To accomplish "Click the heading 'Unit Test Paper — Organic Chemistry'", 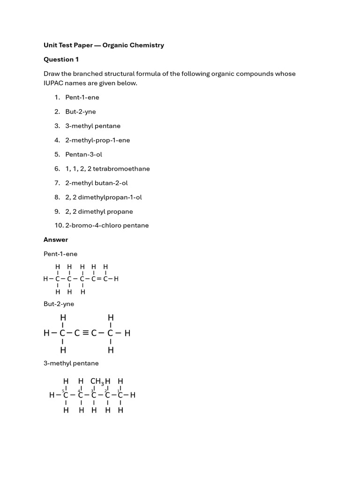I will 104,45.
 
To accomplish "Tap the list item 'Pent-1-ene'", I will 82,97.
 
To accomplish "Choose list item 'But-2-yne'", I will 80,112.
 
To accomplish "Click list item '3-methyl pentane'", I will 92,126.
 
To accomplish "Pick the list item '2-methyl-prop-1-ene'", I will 97,140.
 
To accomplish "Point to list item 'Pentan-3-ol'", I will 83,154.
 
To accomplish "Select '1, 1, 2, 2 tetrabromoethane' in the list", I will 107,169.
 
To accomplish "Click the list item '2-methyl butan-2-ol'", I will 96,183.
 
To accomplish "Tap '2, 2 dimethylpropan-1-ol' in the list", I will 103,197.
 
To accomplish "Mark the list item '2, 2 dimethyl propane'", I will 99,211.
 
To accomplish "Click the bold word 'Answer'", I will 56,240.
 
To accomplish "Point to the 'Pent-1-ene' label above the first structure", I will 60,254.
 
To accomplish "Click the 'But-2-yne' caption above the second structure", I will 59,304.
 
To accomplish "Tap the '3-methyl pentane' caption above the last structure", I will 71,363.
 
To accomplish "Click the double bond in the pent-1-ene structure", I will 99,279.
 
